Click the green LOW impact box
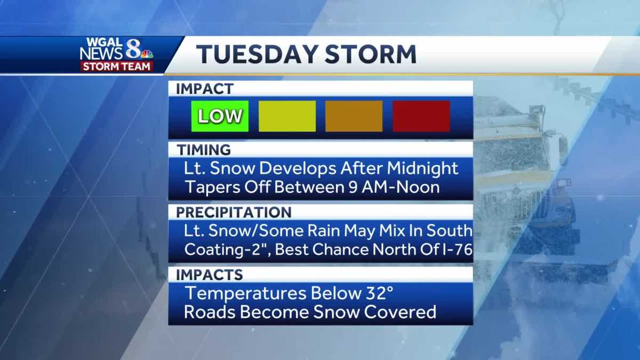coord(220,116)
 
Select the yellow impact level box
coord(287,116)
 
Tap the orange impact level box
coord(354,116)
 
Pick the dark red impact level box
coord(421,116)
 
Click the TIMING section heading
coord(203,150)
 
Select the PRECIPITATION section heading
coord(234,212)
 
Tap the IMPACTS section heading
coord(209,275)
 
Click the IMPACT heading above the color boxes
coord(205,89)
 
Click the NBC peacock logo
coord(147,53)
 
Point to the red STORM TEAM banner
coord(117,66)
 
